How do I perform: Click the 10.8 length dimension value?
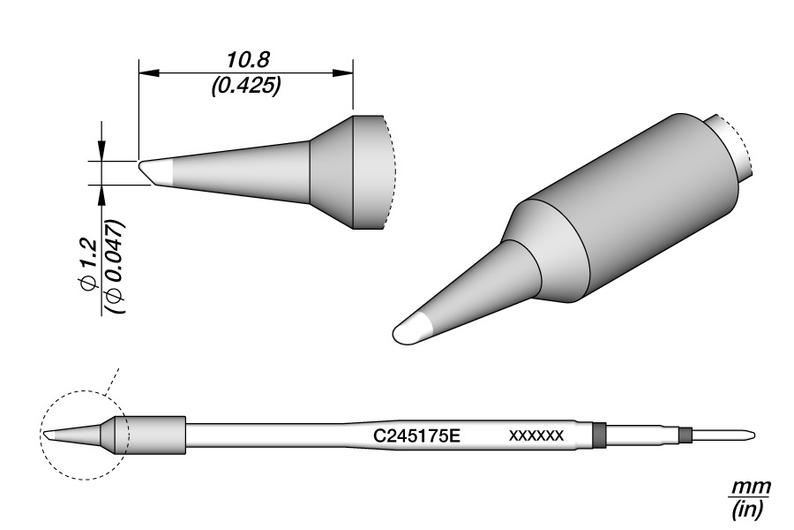click(x=248, y=60)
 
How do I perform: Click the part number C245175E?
click(x=416, y=435)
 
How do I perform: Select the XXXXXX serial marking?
click(x=536, y=435)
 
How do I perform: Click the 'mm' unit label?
click(x=752, y=487)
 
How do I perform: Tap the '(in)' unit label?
click(x=747, y=509)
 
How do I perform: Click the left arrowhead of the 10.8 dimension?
click(x=149, y=73)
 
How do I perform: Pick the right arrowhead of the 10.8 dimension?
click(x=342, y=73)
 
